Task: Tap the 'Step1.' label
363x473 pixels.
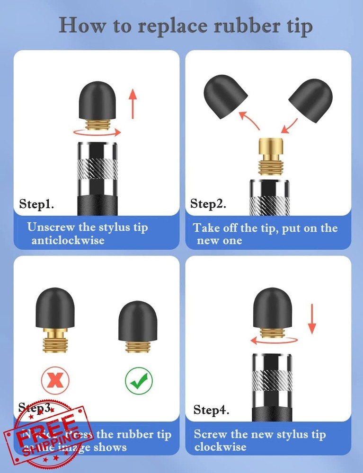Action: [x=36, y=204]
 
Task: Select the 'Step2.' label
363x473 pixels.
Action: [x=208, y=204]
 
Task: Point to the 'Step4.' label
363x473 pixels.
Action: [x=212, y=410]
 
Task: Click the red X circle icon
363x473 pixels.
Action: [x=55, y=380]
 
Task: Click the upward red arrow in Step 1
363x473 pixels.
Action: [x=134, y=105]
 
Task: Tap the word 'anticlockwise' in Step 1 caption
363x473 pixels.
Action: [x=68, y=240]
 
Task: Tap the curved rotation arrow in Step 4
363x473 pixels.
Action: [x=274, y=340]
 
